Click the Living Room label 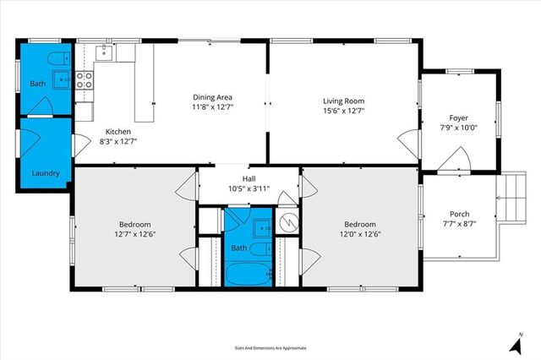coord(343,100)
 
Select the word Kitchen coord(117,132)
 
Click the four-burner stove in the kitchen coord(85,80)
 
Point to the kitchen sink coord(105,53)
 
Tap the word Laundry coord(46,174)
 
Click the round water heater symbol coord(289,221)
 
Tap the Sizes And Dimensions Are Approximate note coord(270,347)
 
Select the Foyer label coord(458,118)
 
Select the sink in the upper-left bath coord(62,79)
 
